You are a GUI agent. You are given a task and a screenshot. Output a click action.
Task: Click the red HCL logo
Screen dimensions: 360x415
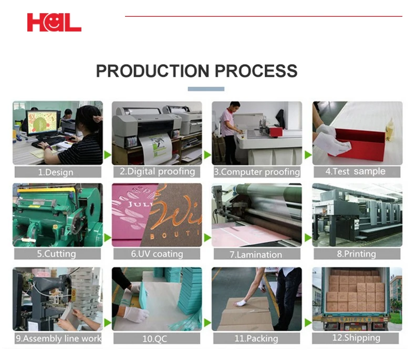pos(54,22)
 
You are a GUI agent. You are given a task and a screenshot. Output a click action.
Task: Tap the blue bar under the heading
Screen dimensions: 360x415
pos(206,89)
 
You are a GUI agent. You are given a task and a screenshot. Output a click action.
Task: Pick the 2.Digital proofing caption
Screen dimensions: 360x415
pos(157,171)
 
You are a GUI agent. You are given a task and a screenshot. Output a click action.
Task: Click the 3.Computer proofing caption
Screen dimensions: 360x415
pos(257,172)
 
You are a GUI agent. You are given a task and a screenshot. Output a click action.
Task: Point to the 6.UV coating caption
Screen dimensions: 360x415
pos(157,254)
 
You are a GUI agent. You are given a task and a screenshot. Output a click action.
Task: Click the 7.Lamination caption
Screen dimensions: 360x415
pos(257,254)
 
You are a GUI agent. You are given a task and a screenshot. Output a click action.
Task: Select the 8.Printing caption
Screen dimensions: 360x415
pos(356,254)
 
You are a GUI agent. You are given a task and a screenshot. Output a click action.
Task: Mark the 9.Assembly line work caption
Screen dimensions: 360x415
pos(58,338)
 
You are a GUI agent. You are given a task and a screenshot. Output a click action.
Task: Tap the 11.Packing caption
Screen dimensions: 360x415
pos(257,339)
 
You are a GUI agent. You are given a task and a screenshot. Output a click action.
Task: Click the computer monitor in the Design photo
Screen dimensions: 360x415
pos(43,122)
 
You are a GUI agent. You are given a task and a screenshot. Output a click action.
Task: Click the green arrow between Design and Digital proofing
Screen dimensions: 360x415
pos(108,155)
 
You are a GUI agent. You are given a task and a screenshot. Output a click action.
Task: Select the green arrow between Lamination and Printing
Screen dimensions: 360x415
pos(307,238)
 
